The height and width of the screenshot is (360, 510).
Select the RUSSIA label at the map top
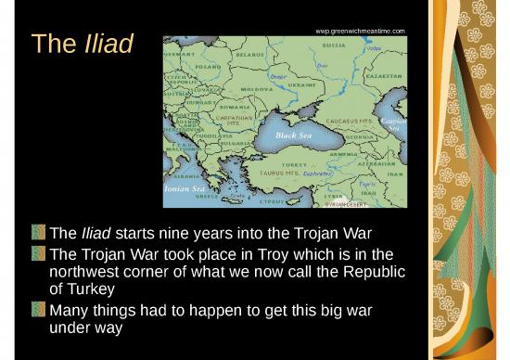[334, 45]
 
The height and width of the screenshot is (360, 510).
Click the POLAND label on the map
[208, 67]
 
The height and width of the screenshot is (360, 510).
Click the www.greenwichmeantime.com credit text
[361, 32]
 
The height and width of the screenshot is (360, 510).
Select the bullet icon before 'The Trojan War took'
[39, 253]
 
